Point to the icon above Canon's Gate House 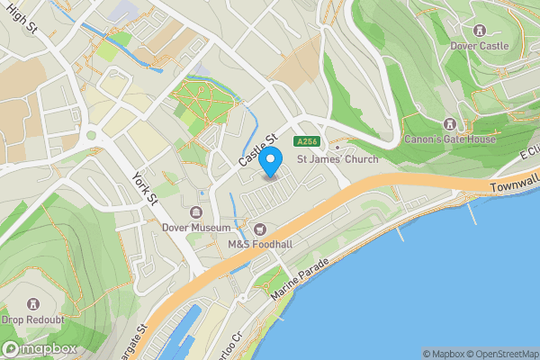(x=449, y=124)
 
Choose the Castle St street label (x=256, y=148)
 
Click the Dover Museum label (x=196, y=229)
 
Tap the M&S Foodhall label (x=260, y=244)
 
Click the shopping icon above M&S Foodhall (x=260, y=229)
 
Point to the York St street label (x=145, y=186)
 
